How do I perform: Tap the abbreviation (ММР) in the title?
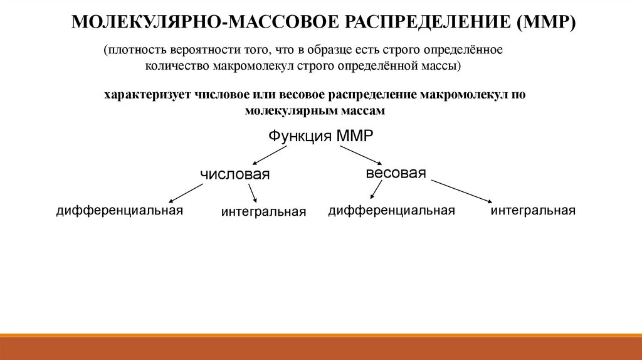tap(546, 23)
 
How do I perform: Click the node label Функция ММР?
tap(316, 136)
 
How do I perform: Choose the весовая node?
tap(396, 173)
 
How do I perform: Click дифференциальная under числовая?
tap(119, 210)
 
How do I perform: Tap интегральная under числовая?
tap(263, 213)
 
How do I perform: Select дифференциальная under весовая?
tap(391, 210)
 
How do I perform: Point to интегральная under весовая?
tap(533, 210)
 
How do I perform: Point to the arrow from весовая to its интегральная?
tap(461, 191)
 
